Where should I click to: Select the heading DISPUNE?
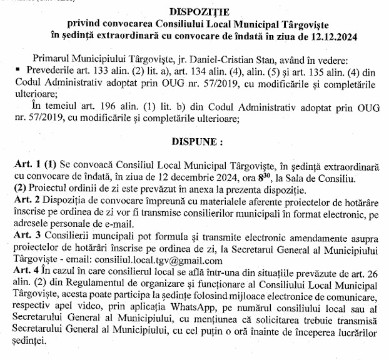tap(195, 142)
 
